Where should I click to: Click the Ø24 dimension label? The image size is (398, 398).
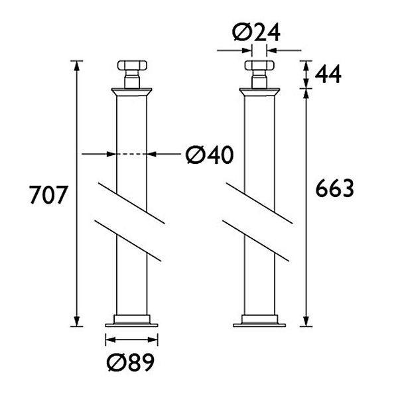click(x=256, y=33)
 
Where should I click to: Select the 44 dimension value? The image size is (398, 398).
click(x=328, y=74)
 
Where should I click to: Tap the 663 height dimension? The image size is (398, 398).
click(x=334, y=188)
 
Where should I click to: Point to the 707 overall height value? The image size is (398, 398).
click(x=48, y=194)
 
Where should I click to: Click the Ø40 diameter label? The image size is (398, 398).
click(x=210, y=155)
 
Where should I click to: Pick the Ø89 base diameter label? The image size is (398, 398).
click(x=131, y=362)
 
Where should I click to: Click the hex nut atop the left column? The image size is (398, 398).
click(x=132, y=65)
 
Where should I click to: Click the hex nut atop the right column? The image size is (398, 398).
click(x=259, y=65)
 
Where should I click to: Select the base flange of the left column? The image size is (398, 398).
click(x=131, y=321)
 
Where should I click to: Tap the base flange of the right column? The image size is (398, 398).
click(x=259, y=321)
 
